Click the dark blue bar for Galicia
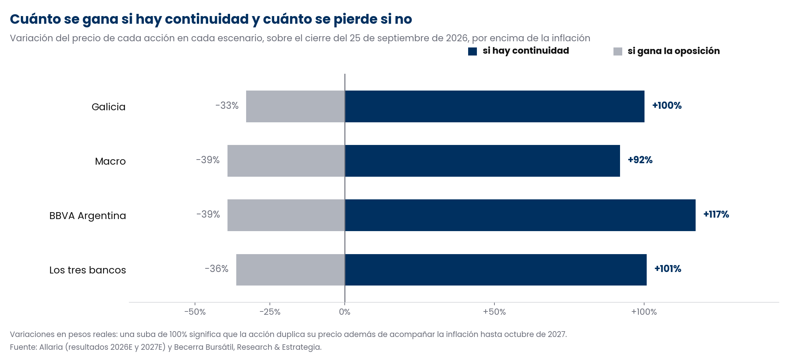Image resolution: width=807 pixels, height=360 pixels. coord(495,106)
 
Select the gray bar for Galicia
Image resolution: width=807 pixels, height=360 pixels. coord(295,106)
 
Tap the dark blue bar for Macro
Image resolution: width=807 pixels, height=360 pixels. coord(482,161)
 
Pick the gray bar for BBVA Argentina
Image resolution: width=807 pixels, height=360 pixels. coord(286,215)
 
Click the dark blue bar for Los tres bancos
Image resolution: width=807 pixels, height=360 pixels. coord(496,270)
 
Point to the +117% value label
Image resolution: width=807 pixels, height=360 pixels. coord(716,214)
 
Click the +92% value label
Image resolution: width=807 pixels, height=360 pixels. coord(640,160)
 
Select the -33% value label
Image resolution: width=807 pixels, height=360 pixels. coord(227,106)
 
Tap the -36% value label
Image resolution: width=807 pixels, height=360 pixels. coord(217,269)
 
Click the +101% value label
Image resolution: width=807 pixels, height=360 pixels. coord(668,269)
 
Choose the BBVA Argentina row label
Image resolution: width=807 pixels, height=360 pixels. coord(88,216)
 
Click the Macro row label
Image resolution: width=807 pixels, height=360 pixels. coord(110,161)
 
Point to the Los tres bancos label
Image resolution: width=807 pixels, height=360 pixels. coord(88,270)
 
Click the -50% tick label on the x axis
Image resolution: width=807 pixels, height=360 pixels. coord(195,312)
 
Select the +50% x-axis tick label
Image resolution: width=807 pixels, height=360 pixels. coord(494,312)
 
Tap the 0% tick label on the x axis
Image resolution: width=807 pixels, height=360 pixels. coord(345,312)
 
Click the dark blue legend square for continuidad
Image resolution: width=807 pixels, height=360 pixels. coord(473,51)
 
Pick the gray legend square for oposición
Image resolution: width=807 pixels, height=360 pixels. coord(618,51)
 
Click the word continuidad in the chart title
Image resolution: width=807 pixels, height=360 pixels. coord(207,19)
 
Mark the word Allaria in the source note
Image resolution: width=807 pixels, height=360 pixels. coord(51,347)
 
